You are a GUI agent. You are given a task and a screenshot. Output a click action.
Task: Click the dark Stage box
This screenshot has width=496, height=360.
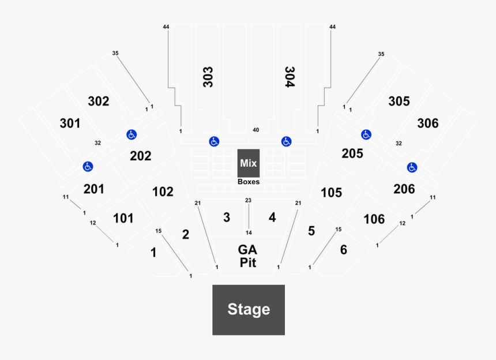(249, 309)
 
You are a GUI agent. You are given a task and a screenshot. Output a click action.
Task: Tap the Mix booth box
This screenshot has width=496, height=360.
(249, 163)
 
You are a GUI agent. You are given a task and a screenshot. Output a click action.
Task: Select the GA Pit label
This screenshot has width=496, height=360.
(249, 256)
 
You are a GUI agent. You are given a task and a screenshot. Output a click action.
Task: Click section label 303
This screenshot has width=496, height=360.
(208, 76)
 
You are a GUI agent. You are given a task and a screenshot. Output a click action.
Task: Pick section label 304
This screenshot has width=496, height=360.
(290, 76)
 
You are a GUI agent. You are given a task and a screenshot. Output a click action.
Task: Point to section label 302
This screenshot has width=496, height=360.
(99, 101)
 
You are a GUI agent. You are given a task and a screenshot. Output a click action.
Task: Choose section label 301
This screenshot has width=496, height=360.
(70, 123)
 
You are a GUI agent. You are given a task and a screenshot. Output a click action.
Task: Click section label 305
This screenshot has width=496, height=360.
(399, 101)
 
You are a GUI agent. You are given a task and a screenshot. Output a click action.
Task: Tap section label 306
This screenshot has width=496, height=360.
(427, 123)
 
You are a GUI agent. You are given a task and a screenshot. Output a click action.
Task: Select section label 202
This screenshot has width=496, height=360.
(140, 156)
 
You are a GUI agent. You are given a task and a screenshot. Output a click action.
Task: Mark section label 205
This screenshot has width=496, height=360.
(352, 153)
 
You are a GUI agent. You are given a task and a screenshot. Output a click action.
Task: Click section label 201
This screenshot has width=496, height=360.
(94, 189)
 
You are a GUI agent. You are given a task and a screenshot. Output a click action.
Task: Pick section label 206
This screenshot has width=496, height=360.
(404, 189)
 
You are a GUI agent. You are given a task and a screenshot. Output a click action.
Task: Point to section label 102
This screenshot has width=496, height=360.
(163, 192)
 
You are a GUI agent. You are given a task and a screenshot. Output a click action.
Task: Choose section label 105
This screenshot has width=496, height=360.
(331, 192)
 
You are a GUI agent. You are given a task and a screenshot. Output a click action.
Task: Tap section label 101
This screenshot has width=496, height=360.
(123, 218)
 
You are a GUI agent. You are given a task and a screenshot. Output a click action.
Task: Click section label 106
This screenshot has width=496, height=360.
(374, 219)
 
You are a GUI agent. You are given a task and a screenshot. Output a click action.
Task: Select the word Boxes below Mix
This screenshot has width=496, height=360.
(249, 182)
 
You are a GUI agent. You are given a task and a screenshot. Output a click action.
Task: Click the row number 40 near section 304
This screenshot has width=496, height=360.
(255, 130)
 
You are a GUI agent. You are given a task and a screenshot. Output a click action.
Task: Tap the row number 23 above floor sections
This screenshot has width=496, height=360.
(249, 200)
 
